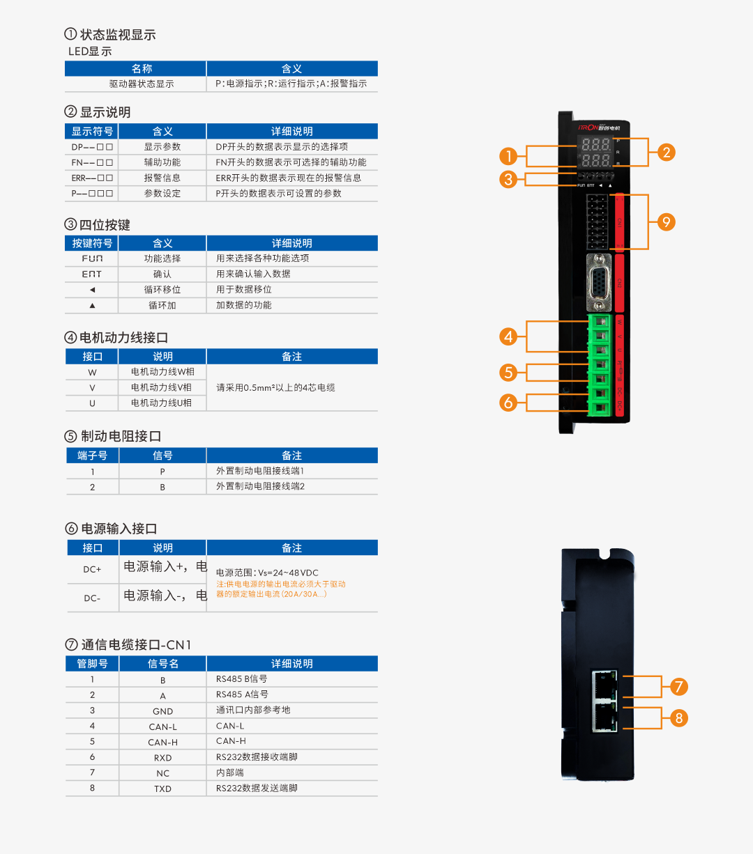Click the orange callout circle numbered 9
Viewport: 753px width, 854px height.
click(667, 222)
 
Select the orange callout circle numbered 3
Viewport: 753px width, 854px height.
click(508, 179)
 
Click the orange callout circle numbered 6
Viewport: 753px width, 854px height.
click(508, 402)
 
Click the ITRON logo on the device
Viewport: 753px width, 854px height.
click(588, 127)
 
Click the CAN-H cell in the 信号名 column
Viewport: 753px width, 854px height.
click(162, 743)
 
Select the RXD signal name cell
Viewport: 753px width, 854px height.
click(162, 758)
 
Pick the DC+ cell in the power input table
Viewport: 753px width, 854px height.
click(92, 569)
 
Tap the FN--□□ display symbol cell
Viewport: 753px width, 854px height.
click(92, 162)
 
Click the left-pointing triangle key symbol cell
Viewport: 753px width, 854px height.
click(92, 290)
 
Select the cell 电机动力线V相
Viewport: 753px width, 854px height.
click(162, 387)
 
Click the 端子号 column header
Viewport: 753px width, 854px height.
click(92, 456)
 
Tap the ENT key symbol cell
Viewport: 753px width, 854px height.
click(92, 274)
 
